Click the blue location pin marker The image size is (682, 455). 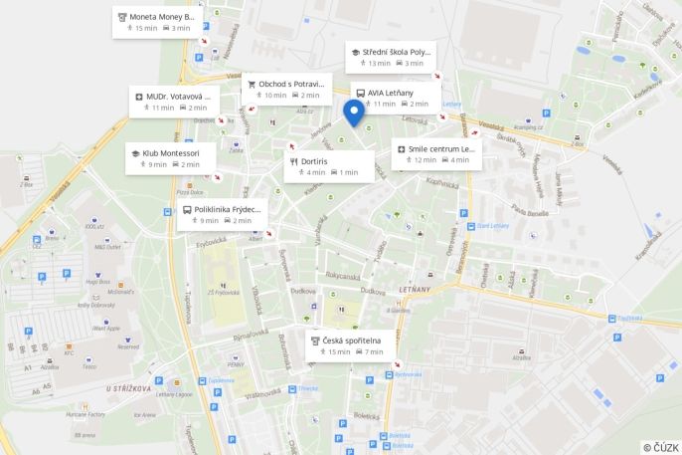point(354,112)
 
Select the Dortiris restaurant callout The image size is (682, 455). point(329,165)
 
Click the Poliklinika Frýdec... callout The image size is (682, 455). point(221,215)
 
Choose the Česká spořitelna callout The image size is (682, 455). point(350,345)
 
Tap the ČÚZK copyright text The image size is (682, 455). point(661,447)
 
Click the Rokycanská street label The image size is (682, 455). point(341,276)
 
